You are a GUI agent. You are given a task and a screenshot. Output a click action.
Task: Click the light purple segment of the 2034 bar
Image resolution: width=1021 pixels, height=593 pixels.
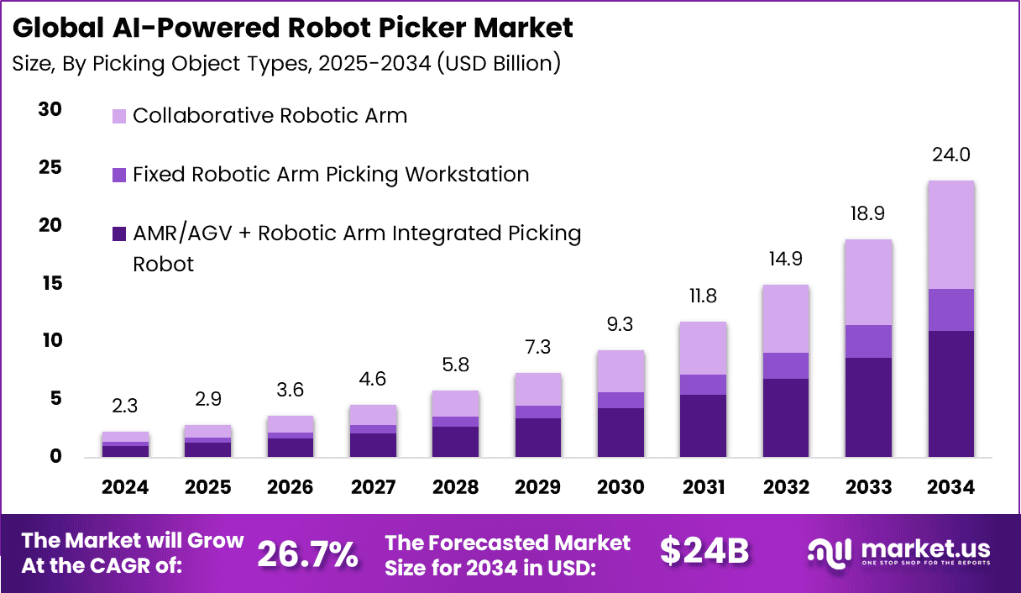(x=950, y=234)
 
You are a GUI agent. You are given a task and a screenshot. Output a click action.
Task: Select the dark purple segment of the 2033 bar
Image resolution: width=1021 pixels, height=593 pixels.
(x=868, y=407)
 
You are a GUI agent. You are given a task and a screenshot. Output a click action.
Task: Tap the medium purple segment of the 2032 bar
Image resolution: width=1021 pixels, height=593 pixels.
(x=786, y=365)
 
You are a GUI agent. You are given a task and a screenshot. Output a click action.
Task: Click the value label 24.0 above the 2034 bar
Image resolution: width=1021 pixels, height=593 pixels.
(x=950, y=155)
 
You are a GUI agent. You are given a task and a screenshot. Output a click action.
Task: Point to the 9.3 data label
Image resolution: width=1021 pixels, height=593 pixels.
(x=621, y=324)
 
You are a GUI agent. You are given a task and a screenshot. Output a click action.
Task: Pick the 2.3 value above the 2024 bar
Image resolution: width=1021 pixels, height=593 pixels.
(x=126, y=407)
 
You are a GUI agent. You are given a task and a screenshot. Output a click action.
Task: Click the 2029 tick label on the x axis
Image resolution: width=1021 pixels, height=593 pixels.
(x=538, y=488)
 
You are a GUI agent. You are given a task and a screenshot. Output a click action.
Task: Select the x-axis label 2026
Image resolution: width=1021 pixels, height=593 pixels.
(x=291, y=488)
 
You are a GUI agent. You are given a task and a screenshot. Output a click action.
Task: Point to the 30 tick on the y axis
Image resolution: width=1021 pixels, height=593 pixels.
(x=50, y=110)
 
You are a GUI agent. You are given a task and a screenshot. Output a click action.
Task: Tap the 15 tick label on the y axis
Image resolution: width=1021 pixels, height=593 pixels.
(x=50, y=284)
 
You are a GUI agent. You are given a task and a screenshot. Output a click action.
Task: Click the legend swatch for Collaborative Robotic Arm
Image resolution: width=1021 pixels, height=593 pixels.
(x=118, y=116)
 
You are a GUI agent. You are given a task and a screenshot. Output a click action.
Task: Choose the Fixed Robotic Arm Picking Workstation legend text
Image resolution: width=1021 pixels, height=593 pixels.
(x=331, y=175)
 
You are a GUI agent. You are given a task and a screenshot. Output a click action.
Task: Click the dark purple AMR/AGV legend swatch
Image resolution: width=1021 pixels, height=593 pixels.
(x=118, y=234)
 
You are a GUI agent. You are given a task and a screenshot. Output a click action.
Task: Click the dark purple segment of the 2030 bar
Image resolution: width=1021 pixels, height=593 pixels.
(x=621, y=433)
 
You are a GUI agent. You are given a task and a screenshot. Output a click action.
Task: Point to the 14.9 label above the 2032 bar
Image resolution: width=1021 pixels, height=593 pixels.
(x=786, y=259)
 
